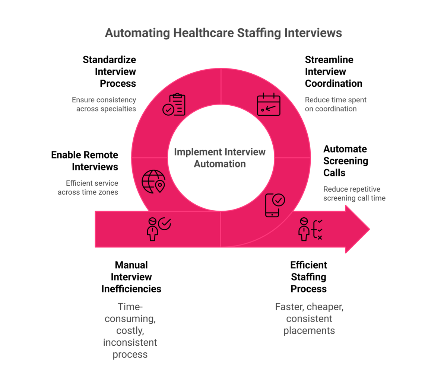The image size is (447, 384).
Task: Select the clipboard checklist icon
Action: (x=174, y=105)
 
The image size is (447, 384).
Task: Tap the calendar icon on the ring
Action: (x=269, y=105)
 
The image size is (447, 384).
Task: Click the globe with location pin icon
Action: (x=153, y=182)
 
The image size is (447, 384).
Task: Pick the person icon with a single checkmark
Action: (x=158, y=228)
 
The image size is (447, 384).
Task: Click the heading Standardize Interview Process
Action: (x=110, y=71)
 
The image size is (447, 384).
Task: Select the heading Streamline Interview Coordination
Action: (x=333, y=71)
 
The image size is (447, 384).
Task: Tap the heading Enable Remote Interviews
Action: (x=85, y=161)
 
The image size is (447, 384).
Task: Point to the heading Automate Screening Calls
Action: (x=345, y=161)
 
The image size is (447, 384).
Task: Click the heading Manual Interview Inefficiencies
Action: (x=131, y=277)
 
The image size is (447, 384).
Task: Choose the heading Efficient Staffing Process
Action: (x=308, y=277)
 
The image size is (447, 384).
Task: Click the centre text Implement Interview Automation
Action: (x=220, y=158)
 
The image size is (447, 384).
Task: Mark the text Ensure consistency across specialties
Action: (x=104, y=104)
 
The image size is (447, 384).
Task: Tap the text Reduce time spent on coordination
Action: (x=336, y=104)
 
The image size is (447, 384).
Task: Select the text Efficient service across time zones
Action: (x=88, y=188)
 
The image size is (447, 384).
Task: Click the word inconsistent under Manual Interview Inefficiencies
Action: (x=130, y=342)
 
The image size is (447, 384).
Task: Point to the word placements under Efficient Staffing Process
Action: (x=309, y=330)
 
